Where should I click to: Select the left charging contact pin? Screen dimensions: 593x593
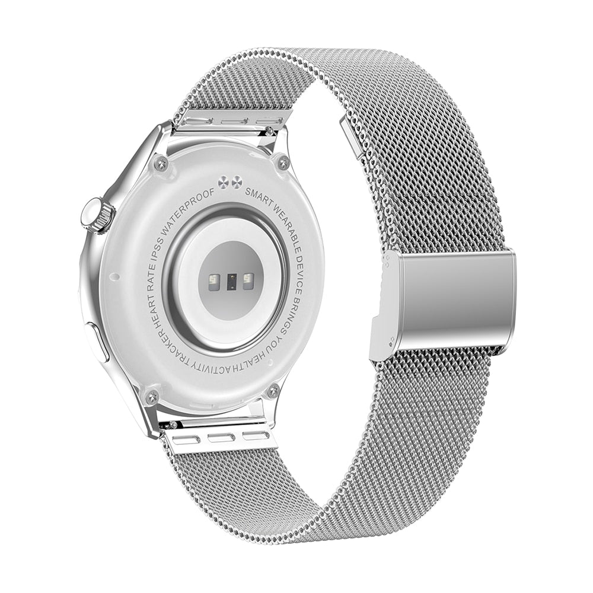[x=222, y=182]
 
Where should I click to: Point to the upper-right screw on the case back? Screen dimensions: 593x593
[x=283, y=162]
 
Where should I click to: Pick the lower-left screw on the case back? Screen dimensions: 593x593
[x=152, y=396]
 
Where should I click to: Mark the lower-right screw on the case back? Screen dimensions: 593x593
[x=273, y=391]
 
